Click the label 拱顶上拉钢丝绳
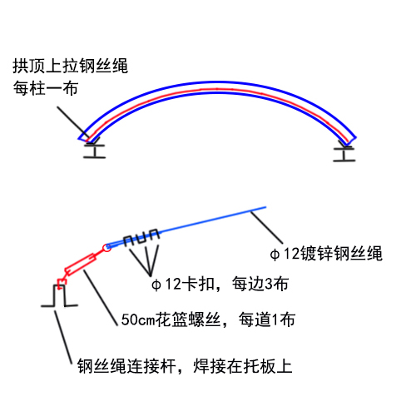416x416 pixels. tap(70, 66)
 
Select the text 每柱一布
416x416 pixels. tap(46, 88)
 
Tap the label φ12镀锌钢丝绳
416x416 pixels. tap(326, 253)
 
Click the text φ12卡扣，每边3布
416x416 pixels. tap(220, 284)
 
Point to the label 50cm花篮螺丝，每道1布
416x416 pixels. tap(208, 319)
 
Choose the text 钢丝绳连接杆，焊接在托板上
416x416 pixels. tap(185, 366)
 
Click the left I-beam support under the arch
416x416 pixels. tap(95, 151)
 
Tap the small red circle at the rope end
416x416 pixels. tap(107, 248)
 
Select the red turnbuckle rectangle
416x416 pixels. tap(81, 265)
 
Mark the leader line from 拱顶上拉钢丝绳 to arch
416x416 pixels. tap(73, 122)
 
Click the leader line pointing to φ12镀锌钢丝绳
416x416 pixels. tap(266, 227)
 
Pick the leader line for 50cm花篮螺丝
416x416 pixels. tap(101, 297)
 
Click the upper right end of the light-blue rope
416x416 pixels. tap(265, 207)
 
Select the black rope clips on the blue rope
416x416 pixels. tap(141, 238)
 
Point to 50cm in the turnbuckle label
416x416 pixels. tap(138, 319)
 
